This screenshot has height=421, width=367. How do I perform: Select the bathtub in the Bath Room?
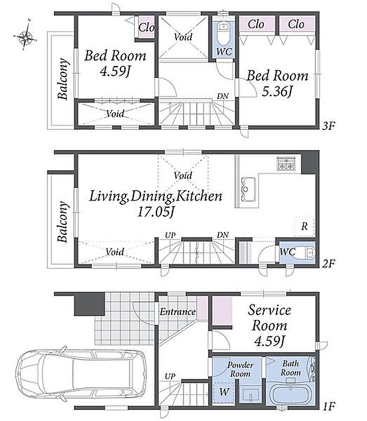click(292, 393)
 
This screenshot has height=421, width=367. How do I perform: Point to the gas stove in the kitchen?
click(286, 164)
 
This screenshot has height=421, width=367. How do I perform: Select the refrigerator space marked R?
click(304, 226)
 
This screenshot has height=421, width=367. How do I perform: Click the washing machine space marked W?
click(224, 392)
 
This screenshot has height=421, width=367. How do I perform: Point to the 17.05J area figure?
click(156, 213)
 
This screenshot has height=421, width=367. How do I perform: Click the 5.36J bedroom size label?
click(277, 93)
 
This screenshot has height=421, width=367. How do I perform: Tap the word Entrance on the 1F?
click(177, 312)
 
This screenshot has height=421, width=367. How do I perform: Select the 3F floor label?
click(329, 126)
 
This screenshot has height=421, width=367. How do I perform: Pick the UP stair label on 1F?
click(170, 376)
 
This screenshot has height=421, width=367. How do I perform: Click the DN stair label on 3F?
click(223, 96)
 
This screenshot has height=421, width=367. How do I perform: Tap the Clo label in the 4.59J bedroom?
click(146, 27)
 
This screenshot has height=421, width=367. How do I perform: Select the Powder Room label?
click(240, 369)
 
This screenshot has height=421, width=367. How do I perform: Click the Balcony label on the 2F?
click(63, 222)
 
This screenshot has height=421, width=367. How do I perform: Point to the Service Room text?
click(270, 318)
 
